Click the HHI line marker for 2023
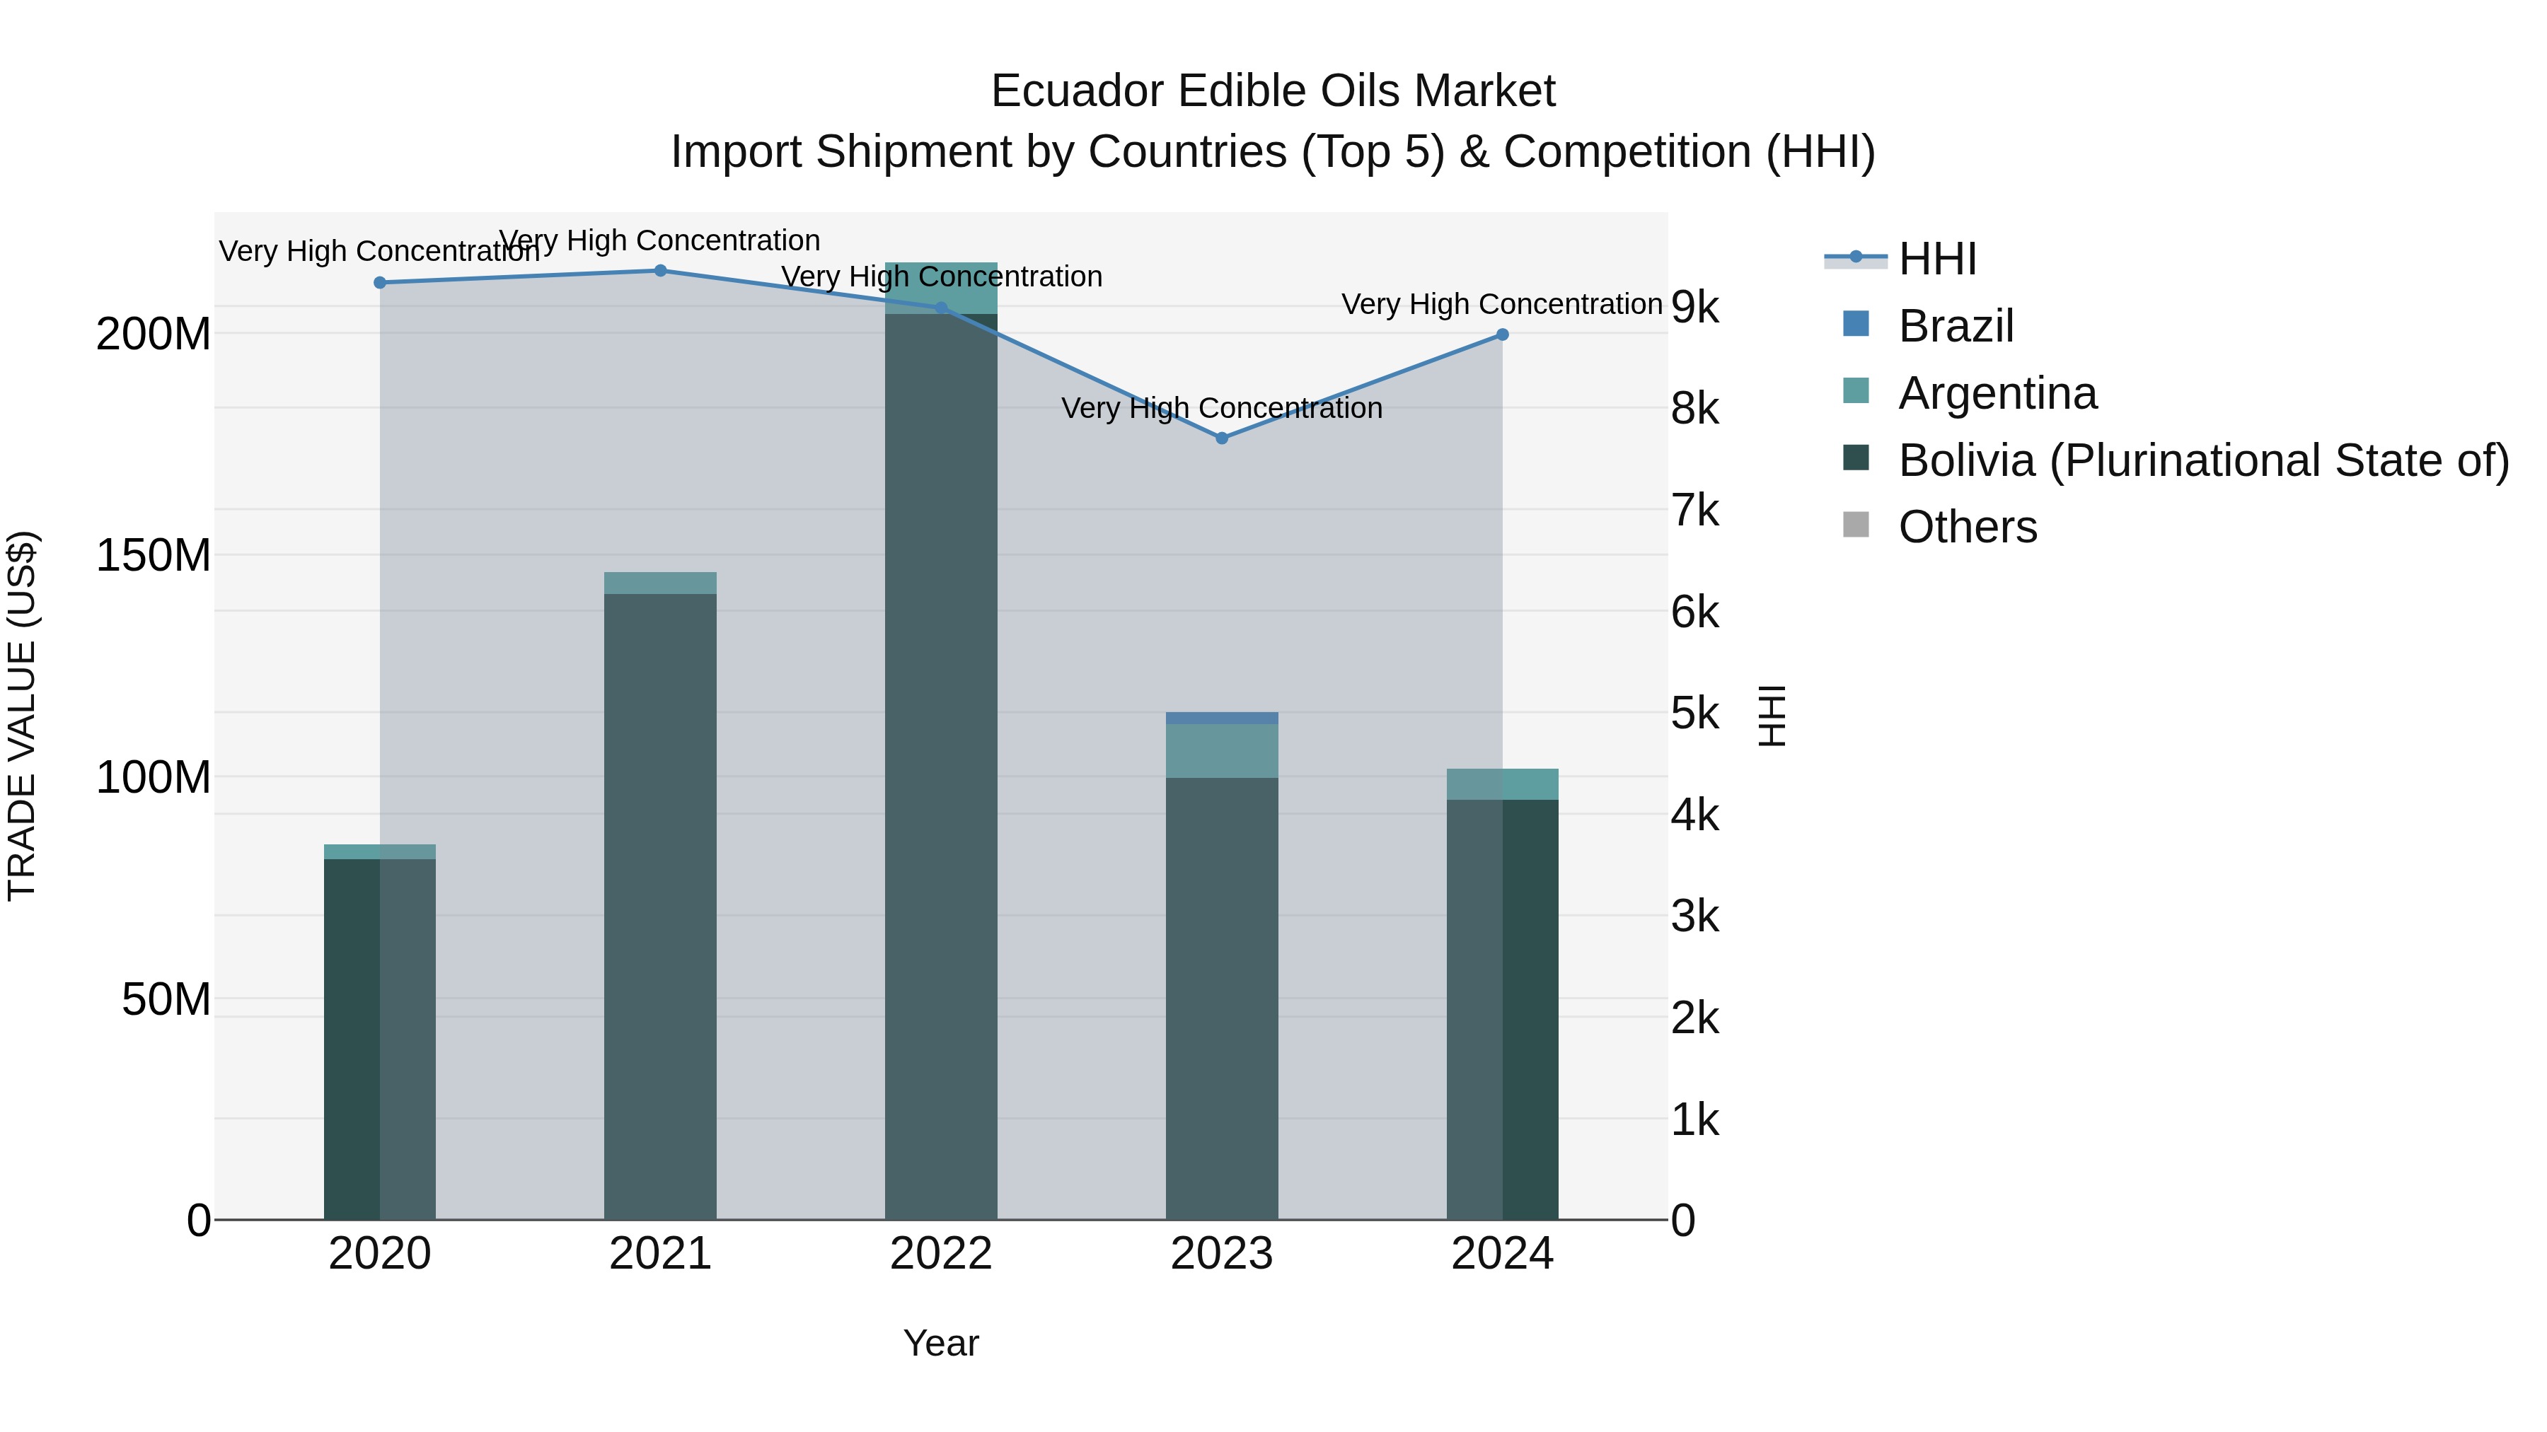point(1221,438)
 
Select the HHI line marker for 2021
point(661,271)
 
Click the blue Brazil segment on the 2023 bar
point(1221,718)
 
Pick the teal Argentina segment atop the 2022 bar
point(940,288)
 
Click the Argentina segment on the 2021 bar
point(661,583)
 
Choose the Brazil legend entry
point(1955,326)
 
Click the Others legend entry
point(1967,527)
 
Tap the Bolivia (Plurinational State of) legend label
point(2203,460)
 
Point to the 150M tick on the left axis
point(154,555)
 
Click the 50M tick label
point(166,1000)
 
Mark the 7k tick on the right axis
point(1694,511)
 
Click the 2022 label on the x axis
point(940,1254)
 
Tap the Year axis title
point(940,1343)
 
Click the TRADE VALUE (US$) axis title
point(22,716)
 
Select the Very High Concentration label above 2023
point(1221,408)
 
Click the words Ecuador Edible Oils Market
point(1273,91)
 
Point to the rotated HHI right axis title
point(1773,716)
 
